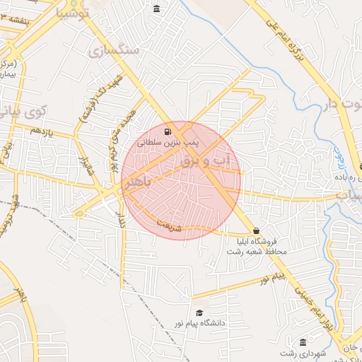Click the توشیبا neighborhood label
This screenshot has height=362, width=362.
pos(68,13)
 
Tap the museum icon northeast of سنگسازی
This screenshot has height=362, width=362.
pos(156,8)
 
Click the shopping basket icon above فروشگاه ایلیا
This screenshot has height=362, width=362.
pos(256,230)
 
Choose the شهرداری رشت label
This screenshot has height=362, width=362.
pos(296,353)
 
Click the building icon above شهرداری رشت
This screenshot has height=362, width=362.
pos(303,341)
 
